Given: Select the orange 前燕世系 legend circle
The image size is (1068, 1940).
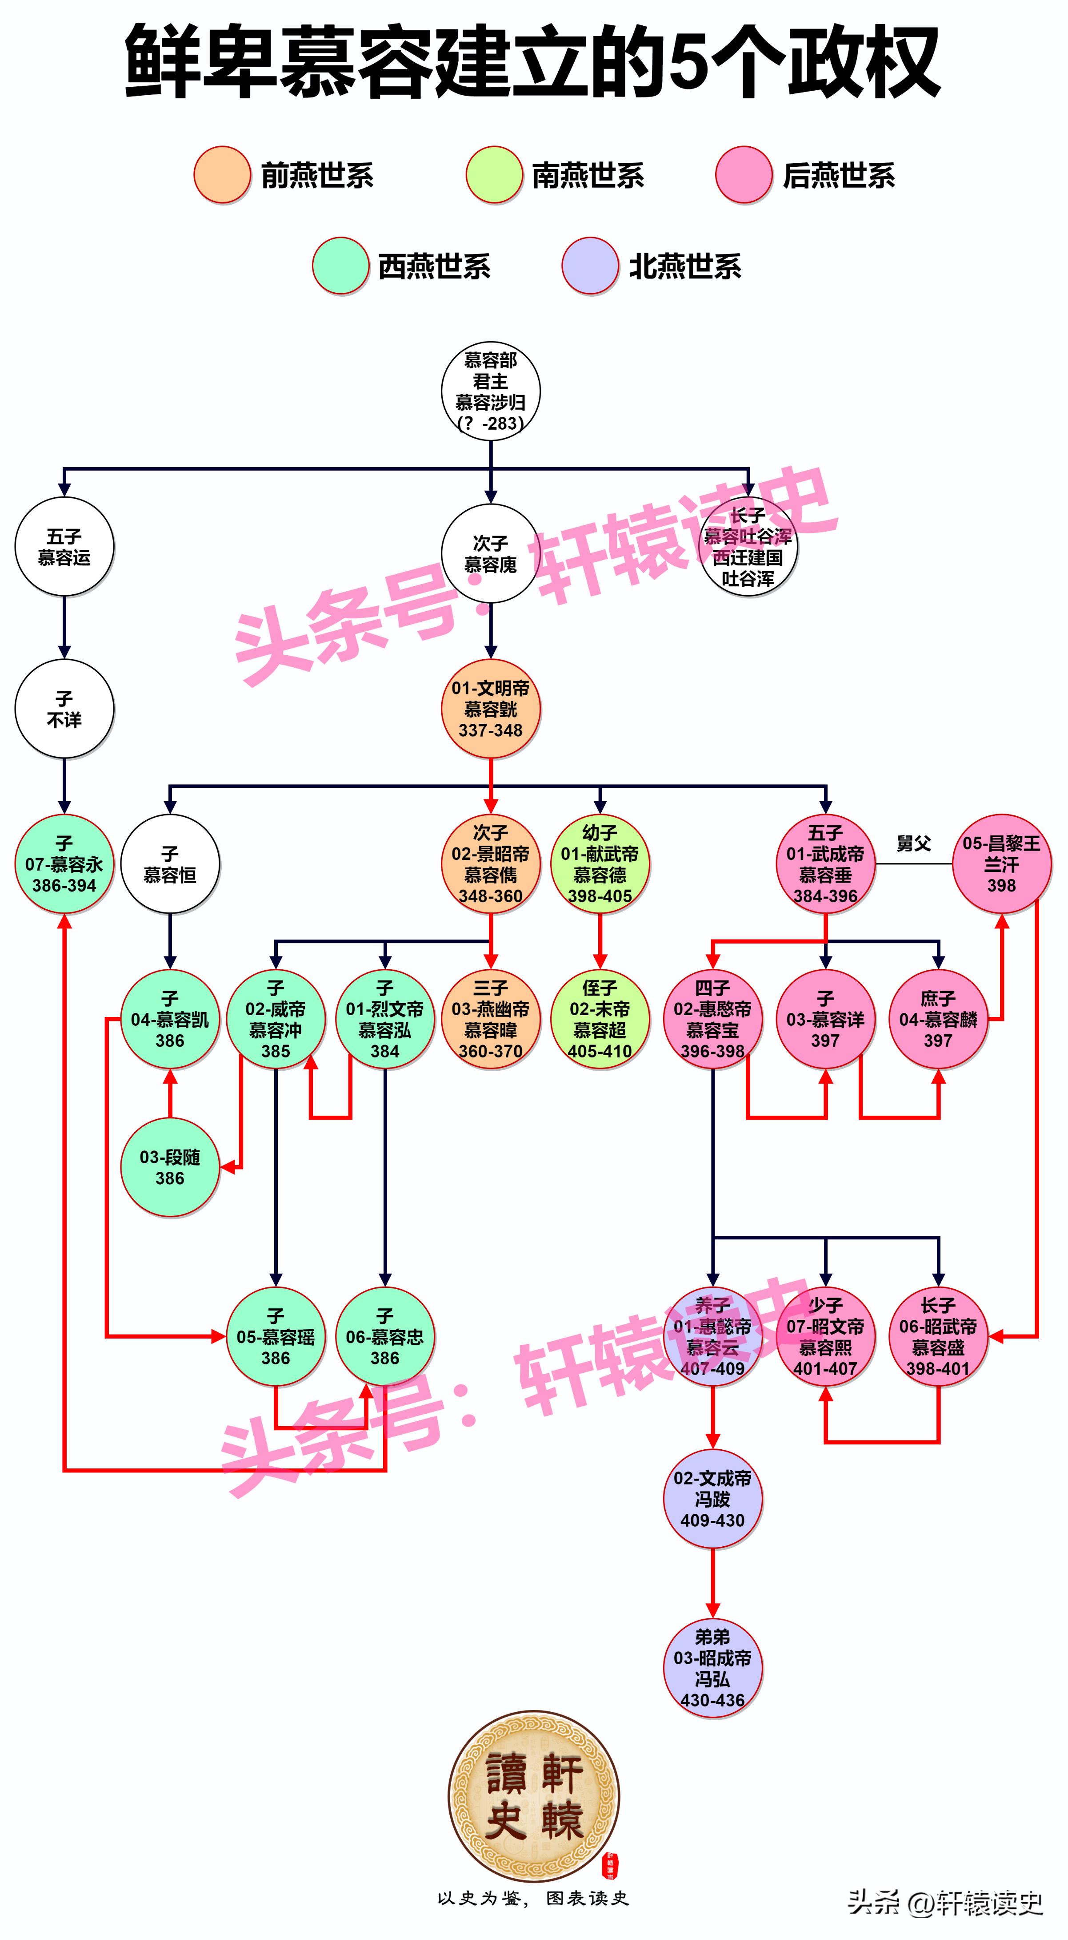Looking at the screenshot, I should point(222,175).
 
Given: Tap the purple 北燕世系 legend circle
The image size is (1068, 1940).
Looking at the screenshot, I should point(590,266).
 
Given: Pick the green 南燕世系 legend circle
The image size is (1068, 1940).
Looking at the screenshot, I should point(494,175).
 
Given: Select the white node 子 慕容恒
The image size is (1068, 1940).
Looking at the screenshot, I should point(170,864).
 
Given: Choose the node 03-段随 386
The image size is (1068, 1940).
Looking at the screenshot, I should point(170,1167).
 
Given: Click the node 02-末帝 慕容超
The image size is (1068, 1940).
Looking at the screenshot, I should point(600,1019).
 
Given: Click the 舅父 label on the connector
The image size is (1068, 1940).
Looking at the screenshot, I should point(913,843).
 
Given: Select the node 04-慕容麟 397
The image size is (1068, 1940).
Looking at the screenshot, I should point(938,1019).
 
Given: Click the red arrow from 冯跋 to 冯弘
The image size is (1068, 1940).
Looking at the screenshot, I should point(713,1581).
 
